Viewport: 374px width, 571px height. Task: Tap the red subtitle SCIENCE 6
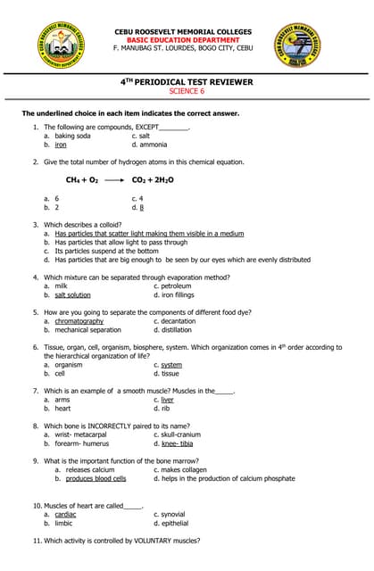pyautogui.click(x=187, y=91)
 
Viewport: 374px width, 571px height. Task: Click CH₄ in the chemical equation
pyautogui.click(x=74, y=179)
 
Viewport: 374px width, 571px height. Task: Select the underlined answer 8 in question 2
pyautogui.click(x=140, y=206)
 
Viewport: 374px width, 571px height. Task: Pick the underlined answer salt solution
pyautogui.click(x=72, y=294)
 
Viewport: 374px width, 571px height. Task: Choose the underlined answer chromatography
pyautogui.click(x=79, y=321)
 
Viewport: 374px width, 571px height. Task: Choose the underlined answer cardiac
pyautogui.click(x=66, y=514)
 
